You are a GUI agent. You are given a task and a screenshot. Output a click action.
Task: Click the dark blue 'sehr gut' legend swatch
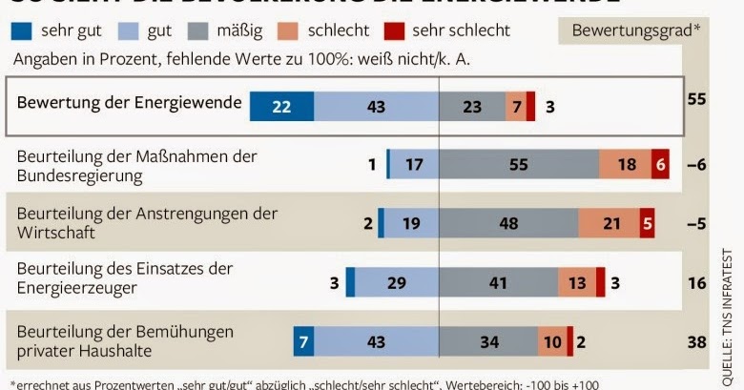coord(23,31)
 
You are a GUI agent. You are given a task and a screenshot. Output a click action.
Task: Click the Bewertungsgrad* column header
coord(635,30)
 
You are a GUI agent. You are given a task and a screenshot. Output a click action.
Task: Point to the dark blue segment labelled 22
coord(281,106)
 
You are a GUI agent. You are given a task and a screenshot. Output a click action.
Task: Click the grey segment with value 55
coord(518,164)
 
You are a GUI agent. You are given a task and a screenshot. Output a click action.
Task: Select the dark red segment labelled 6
coord(660,164)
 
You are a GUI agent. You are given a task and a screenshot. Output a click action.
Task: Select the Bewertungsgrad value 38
coord(696,340)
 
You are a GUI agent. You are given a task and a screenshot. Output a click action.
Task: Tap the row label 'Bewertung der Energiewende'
coord(129,102)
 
